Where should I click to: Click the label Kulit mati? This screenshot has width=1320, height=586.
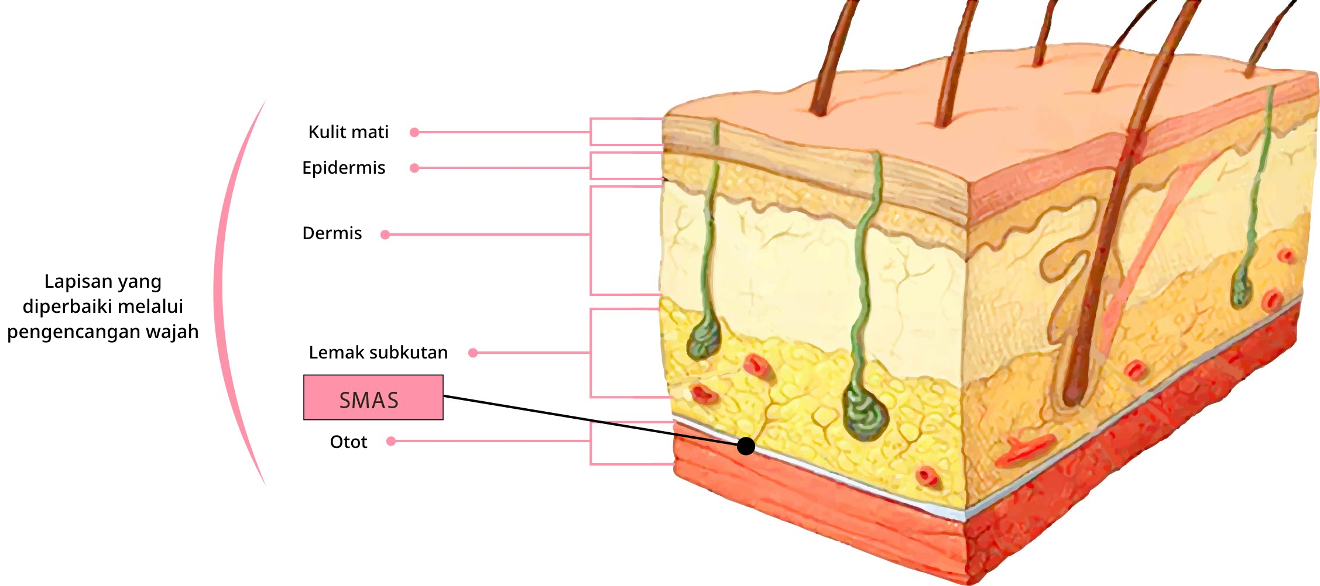click(x=348, y=132)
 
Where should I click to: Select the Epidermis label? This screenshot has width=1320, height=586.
click(x=344, y=168)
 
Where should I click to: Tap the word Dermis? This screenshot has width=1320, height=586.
click(x=332, y=233)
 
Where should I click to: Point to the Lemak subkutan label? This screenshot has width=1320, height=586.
click(x=378, y=353)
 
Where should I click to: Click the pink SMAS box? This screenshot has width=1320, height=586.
click(x=373, y=398)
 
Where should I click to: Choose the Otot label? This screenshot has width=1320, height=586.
click(x=348, y=442)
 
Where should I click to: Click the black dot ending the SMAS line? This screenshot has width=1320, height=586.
click(x=746, y=446)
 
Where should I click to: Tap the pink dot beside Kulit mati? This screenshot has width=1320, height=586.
click(x=414, y=132)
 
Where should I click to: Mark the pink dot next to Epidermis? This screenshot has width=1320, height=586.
click(x=414, y=168)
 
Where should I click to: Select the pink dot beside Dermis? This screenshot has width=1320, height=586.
click(x=385, y=235)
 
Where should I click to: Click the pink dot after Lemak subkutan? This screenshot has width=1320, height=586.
click(x=473, y=353)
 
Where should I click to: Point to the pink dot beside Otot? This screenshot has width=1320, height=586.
click(x=391, y=441)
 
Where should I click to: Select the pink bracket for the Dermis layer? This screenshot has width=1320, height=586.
click(x=591, y=240)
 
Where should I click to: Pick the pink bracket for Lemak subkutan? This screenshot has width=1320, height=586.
click(x=591, y=353)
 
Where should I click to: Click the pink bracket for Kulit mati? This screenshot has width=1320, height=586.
click(x=591, y=132)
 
